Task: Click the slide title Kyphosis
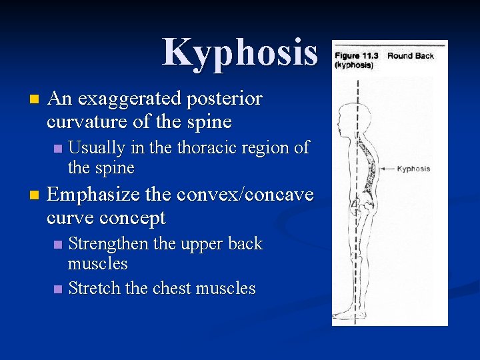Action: [x=240, y=52]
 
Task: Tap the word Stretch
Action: [x=93, y=289]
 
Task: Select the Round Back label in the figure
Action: [x=411, y=56]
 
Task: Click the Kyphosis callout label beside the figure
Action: [x=413, y=169]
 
